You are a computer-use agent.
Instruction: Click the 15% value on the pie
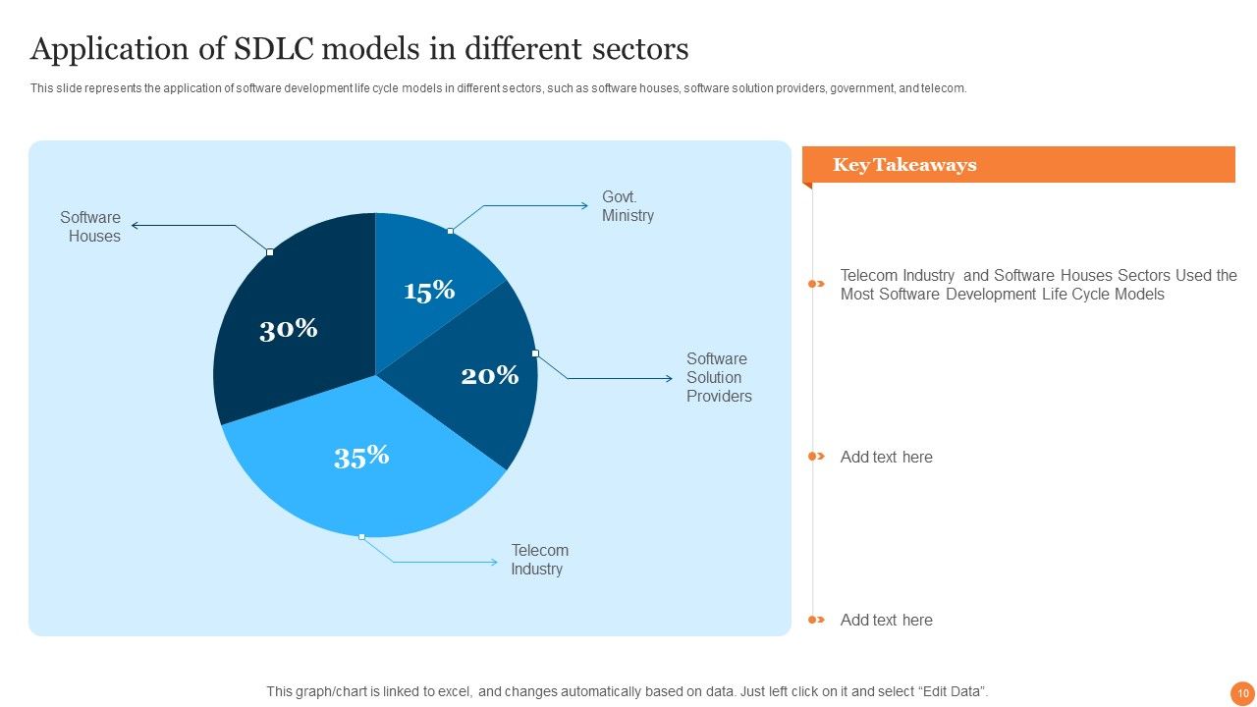click(429, 291)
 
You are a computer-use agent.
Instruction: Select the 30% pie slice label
click(289, 329)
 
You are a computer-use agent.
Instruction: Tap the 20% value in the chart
click(490, 375)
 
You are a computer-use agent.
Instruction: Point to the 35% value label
click(361, 457)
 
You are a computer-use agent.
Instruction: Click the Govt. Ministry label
click(628, 206)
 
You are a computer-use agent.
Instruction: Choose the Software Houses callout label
click(90, 226)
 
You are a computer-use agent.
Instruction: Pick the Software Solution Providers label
click(719, 377)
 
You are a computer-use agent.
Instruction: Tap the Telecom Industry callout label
click(539, 560)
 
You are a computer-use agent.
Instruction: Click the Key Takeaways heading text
click(904, 164)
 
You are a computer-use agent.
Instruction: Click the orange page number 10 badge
click(1242, 693)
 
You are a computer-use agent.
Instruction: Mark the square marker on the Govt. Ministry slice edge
click(450, 231)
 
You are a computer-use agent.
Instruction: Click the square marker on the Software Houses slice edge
click(270, 252)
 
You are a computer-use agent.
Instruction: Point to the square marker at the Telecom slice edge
click(362, 537)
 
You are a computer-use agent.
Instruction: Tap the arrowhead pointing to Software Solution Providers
click(669, 378)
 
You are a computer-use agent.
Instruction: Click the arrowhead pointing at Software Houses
click(135, 226)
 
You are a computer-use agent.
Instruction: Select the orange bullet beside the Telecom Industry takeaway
click(816, 284)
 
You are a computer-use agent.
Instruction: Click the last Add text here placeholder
click(886, 620)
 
